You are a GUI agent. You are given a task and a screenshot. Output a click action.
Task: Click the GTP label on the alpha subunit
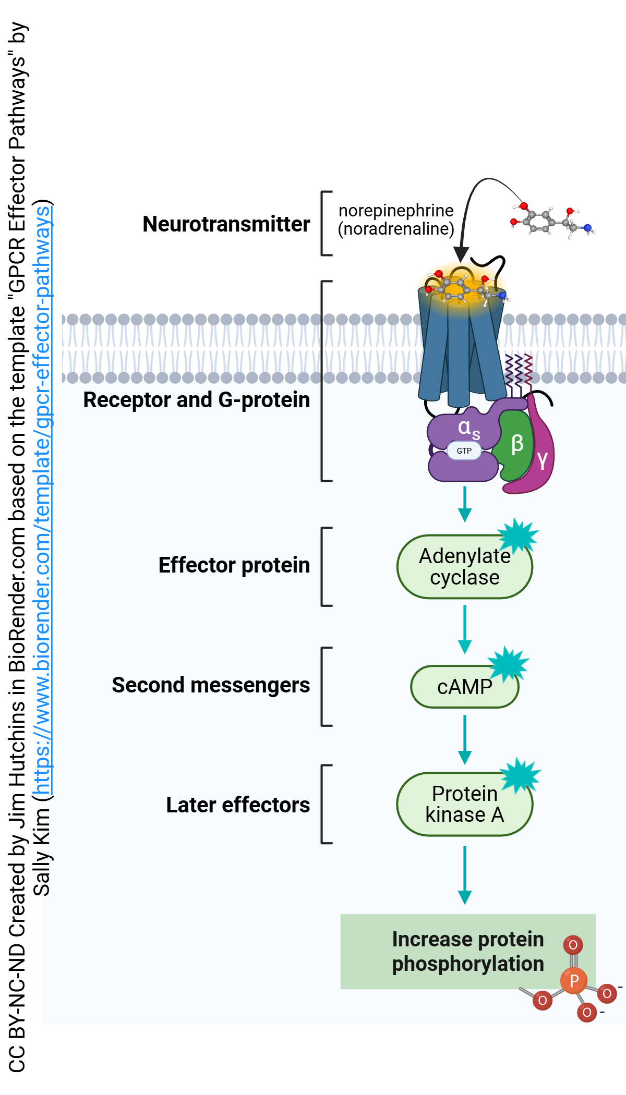(x=464, y=451)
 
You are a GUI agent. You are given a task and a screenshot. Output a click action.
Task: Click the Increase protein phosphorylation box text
(x=467, y=952)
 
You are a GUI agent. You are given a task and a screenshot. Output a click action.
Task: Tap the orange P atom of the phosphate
(x=574, y=981)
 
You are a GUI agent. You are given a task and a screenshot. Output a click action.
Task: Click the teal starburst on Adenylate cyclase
(x=517, y=536)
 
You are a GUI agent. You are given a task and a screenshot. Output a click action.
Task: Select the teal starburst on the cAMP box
(x=508, y=664)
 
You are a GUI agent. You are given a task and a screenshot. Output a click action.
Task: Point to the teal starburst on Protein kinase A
(x=520, y=775)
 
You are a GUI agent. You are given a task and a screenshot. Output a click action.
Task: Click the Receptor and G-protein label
(x=197, y=400)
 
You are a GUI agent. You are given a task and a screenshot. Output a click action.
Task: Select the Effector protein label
(x=234, y=565)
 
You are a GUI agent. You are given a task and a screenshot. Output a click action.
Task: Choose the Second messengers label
(x=211, y=685)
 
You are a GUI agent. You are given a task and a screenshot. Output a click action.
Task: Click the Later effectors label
(x=238, y=805)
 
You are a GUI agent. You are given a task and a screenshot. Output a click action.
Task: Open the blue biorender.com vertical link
(x=43, y=501)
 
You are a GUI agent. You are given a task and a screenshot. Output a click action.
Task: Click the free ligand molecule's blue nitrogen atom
(x=588, y=228)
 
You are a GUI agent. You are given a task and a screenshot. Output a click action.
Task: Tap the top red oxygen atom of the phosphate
(x=573, y=945)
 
